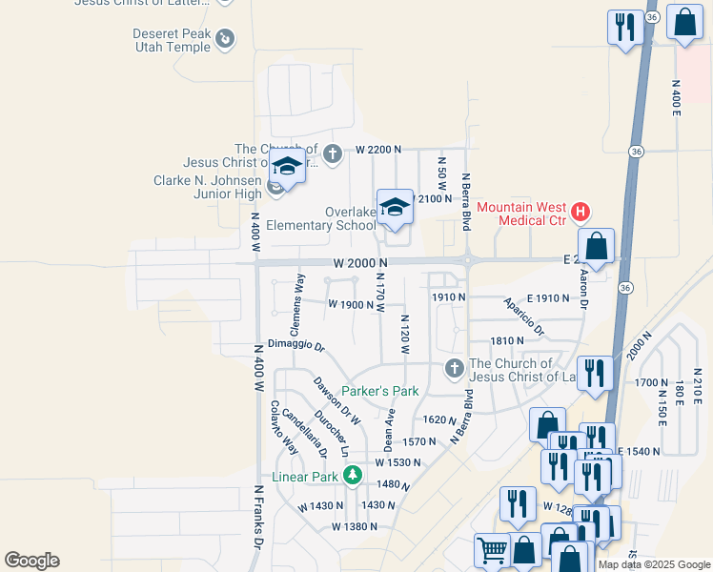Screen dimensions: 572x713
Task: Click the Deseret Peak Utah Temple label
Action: click(173, 38)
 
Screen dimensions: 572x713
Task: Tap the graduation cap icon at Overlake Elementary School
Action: click(395, 207)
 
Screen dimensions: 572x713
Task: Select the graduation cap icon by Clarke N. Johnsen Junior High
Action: click(287, 166)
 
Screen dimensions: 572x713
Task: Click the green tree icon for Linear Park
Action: click(353, 475)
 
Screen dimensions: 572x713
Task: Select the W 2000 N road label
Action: click(361, 262)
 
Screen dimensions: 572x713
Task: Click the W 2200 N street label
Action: click(379, 150)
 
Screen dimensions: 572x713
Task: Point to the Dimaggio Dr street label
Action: click(296, 344)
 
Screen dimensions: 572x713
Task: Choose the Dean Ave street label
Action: click(389, 431)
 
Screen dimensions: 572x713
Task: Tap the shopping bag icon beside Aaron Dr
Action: click(596, 247)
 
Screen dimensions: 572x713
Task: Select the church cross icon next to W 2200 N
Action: click(332, 153)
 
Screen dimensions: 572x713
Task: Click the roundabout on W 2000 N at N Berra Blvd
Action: click(468, 259)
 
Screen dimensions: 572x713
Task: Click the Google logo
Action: click(31, 561)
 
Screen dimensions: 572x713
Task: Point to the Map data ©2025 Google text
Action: click(654, 564)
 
